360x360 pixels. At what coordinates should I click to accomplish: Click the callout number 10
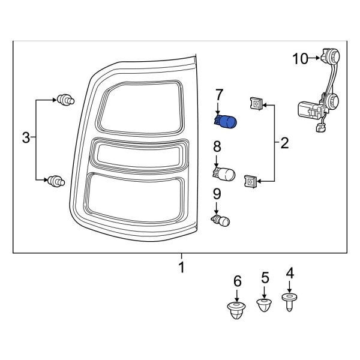pos(300,58)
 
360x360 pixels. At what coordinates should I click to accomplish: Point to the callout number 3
pos(25,139)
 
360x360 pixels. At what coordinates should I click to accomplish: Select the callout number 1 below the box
pos(181,266)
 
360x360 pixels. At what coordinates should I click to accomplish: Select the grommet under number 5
pos(263,304)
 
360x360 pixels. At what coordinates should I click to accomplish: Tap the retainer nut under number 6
pos(237,310)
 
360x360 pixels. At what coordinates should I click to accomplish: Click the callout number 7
pos(219,94)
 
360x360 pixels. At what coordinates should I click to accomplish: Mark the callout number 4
pos(290,274)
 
